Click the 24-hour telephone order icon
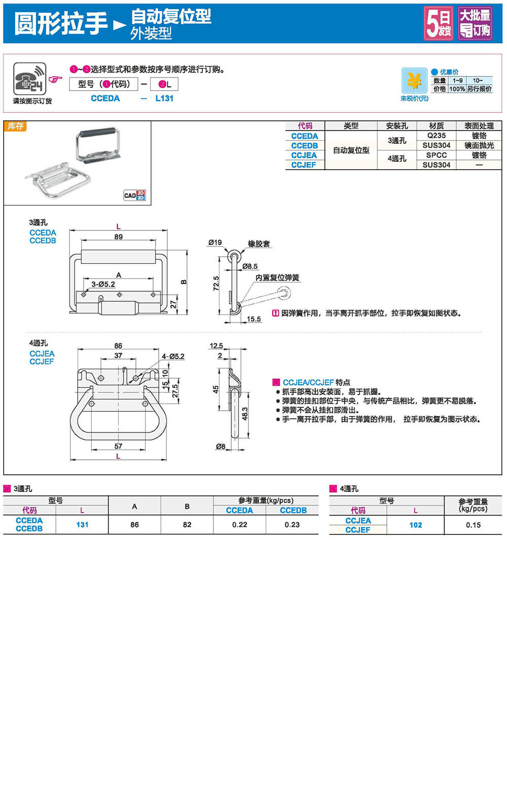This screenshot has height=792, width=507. click(30, 79)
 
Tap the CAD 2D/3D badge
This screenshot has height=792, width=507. click(135, 195)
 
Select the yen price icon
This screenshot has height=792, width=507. click(414, 81)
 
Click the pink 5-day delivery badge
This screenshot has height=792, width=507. click(439, 23)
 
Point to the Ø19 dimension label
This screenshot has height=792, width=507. click(215, 243)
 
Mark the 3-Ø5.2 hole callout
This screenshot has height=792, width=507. click(103, 285)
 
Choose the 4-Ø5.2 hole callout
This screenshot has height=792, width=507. click(173, 357)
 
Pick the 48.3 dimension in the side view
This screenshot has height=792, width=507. click(245, 414)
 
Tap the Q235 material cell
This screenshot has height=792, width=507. click(436, 136)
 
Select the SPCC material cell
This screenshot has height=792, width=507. click(436, 155)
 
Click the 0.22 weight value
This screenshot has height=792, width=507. click(239, 525)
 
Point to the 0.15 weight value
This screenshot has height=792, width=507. click(473, 525)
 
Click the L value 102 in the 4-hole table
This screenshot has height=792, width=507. click(415, 525)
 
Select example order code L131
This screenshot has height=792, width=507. click(164, 98)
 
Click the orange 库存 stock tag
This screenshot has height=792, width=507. click(15, 126)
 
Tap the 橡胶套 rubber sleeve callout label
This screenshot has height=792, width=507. click(259, 244)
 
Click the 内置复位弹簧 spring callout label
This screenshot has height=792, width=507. click(277, 278)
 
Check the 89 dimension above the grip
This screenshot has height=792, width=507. click(118, 236)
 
